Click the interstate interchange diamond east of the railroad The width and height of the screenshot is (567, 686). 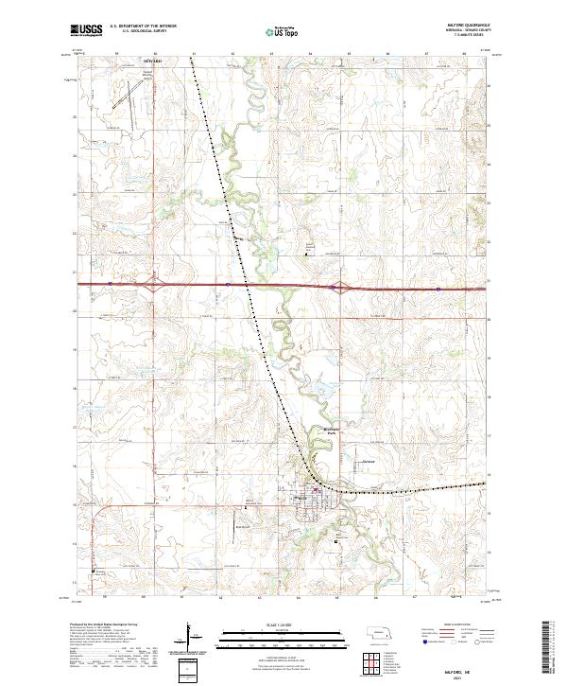coord(335,285)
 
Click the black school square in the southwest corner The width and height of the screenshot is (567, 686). coord(93,571)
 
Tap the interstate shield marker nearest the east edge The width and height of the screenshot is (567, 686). coord(439,285)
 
